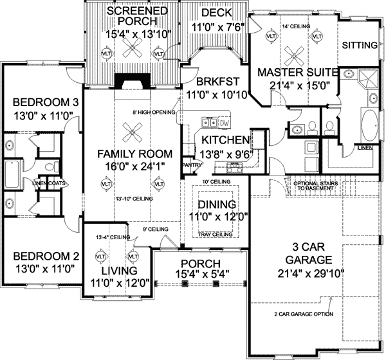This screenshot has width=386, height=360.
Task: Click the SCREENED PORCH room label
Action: tap(137, 17)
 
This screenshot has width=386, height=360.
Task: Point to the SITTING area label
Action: tap(360, 46)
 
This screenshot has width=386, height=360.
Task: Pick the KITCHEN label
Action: tap(225, 139)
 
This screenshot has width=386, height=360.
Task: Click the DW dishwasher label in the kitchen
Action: tap(224, 122)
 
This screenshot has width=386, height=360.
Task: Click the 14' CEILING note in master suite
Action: tap(297, 26)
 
